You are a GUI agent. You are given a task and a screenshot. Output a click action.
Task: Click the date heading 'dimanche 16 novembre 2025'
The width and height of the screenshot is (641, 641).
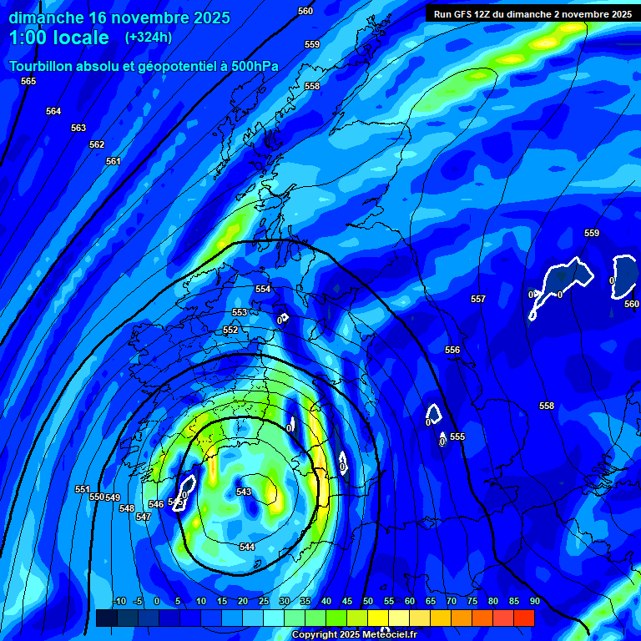[x=119, y=18]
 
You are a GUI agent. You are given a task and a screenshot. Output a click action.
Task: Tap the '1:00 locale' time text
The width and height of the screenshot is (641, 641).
[x=59, y=38]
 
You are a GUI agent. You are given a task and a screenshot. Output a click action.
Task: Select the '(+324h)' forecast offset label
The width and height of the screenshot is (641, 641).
[x=149, y=38]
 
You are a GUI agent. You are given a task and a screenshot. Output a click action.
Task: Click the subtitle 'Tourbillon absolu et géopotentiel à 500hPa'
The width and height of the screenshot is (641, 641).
[x=144, y=66]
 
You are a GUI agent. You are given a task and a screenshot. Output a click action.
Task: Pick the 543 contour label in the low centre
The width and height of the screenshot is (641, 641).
[x=244, y=492]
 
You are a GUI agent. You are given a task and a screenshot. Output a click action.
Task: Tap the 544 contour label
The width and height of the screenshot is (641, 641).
[x=247, y=547]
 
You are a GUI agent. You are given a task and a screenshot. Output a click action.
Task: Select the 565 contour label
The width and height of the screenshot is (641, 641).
[x=28, y=81]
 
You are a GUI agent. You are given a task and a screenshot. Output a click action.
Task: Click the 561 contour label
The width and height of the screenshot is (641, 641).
[x=114, y=161]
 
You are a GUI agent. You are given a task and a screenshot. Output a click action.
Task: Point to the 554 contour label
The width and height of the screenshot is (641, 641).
[x=263, y=289]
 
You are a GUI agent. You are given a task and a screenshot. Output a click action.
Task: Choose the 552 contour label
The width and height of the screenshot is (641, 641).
[x=230, y=330]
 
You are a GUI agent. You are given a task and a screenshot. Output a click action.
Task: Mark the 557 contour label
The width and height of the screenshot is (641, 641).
[x=477, y=299]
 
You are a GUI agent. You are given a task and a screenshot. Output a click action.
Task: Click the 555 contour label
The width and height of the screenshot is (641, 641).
[x=457, y=437]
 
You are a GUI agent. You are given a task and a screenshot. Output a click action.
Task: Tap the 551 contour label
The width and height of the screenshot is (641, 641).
[x=82, y=489]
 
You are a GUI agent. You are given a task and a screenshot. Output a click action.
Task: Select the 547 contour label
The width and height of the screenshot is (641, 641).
[x=143, y=517]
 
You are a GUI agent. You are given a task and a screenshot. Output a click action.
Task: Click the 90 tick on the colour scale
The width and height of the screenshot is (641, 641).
[x=534, y=601]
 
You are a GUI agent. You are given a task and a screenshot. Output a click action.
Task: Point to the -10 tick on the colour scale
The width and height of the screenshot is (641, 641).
[x=119, y=601]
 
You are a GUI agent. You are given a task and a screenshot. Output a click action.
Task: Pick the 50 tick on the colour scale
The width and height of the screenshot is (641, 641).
[x=368, y=601]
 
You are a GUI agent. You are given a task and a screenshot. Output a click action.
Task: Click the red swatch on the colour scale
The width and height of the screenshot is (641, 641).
[x=524, y=618]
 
